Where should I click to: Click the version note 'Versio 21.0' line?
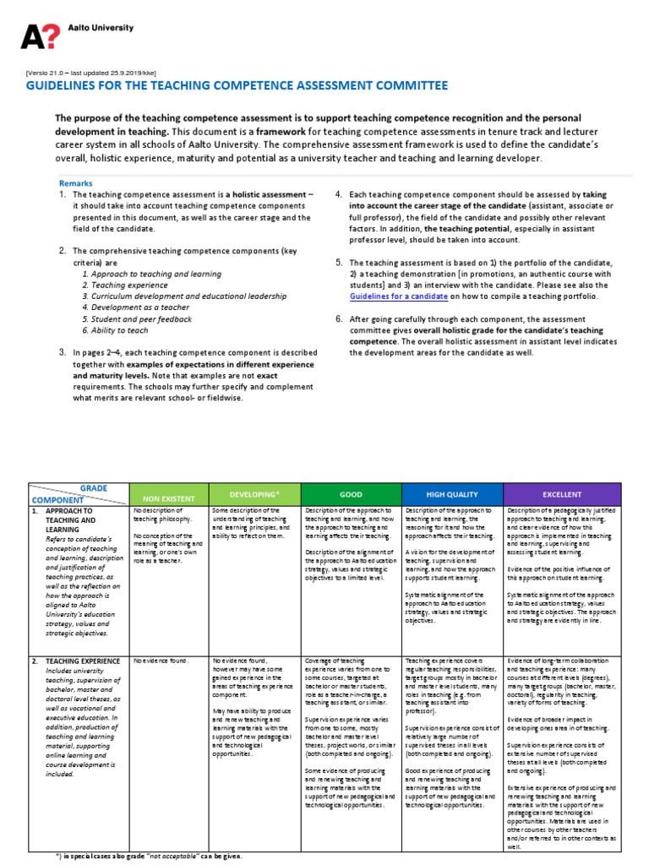point(91,73)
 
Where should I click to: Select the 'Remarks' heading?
point(76,182)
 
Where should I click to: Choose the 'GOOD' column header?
point(352,494)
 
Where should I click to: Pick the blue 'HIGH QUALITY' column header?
point(452,494)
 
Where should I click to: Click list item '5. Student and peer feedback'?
point(137,319)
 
